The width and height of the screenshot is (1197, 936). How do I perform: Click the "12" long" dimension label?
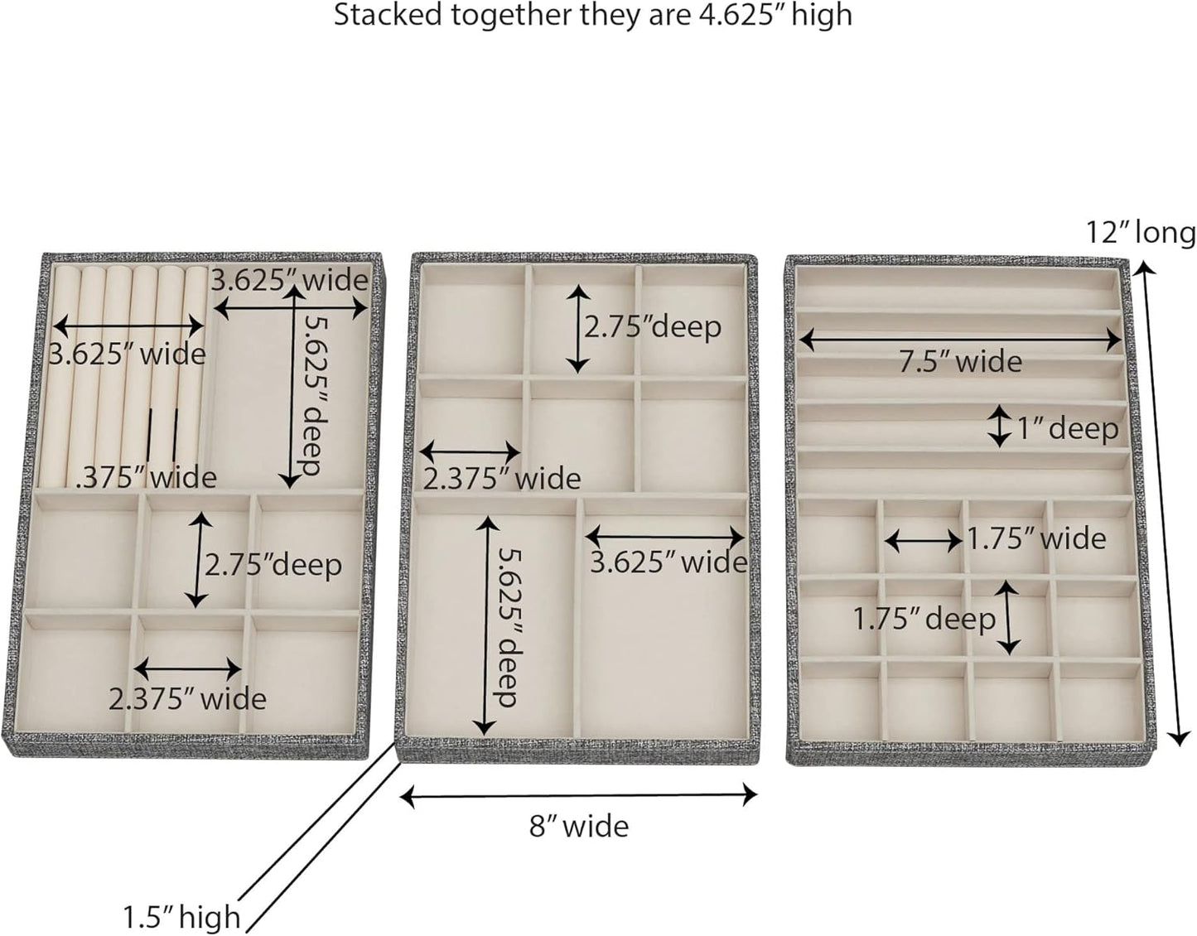(x=1141, y=234)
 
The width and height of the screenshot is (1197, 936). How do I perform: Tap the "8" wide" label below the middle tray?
(x=579, y=826)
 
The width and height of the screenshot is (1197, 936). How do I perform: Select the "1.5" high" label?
(x=181, y=917)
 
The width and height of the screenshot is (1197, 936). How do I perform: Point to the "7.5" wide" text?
(x=961, y=362)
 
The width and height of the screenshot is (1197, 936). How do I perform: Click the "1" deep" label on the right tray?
(x=1069, y=428)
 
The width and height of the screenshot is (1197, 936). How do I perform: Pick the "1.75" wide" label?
(x=1038, y=539)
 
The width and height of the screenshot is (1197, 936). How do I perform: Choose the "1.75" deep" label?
(x=924, y=619)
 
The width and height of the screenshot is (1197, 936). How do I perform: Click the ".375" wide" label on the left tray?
(x=146, y=477)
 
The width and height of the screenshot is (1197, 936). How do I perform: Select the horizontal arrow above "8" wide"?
(x=579, y=796)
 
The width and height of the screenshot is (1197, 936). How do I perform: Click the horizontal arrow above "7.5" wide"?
(x=961, y=338)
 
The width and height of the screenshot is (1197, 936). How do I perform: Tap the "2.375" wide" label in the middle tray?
(x=502, y=478)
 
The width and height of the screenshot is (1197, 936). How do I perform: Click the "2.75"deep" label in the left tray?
(x=273, y=565)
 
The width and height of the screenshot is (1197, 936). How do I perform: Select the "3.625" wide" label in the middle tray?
(x=668, y=562)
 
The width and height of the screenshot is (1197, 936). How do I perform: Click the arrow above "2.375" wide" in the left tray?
(x=188, y=668)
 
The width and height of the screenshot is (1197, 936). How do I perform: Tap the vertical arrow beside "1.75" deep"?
(x=1008, y=616)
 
